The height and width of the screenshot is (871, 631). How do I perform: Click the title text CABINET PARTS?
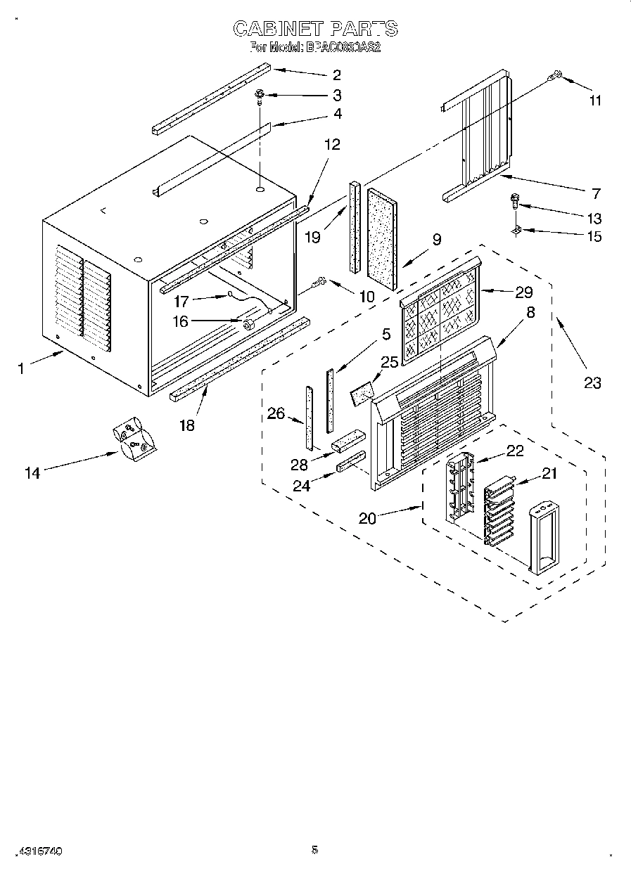click(314, 29)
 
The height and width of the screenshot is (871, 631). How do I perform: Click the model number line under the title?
click(314, 48)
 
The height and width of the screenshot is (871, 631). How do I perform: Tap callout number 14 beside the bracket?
click(32, 473)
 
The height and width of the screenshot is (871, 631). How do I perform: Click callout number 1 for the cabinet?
click(21, 368)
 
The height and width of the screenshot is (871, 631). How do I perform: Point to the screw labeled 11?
click(556, 75)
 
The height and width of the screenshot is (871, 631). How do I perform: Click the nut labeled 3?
click(259, 93)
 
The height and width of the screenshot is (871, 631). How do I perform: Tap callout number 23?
click(592, 382)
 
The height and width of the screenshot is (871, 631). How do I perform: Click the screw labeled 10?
click(320, 282)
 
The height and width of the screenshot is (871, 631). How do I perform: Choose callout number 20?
click(367, 519)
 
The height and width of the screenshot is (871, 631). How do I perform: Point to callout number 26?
click(276, 413)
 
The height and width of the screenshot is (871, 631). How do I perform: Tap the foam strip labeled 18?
click(239, 358)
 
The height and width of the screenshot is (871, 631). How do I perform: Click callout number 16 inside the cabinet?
click(181, 323)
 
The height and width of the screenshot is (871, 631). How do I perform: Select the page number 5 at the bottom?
click(314, 850)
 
